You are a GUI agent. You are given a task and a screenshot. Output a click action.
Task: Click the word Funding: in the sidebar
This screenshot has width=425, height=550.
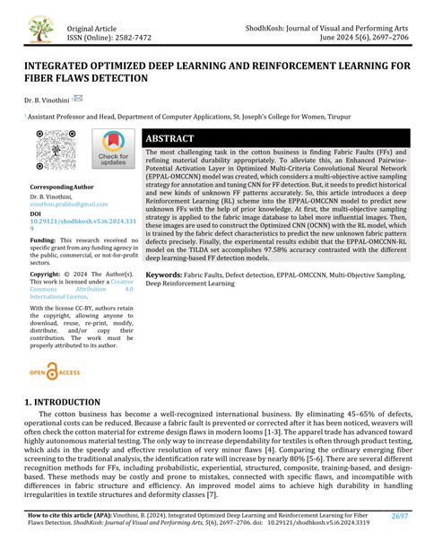[x=44, y=241]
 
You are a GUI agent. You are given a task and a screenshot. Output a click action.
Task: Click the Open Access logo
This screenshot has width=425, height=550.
[x=56, y=371]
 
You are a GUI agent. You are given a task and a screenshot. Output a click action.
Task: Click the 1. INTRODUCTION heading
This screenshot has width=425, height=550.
[x=63, y=404]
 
